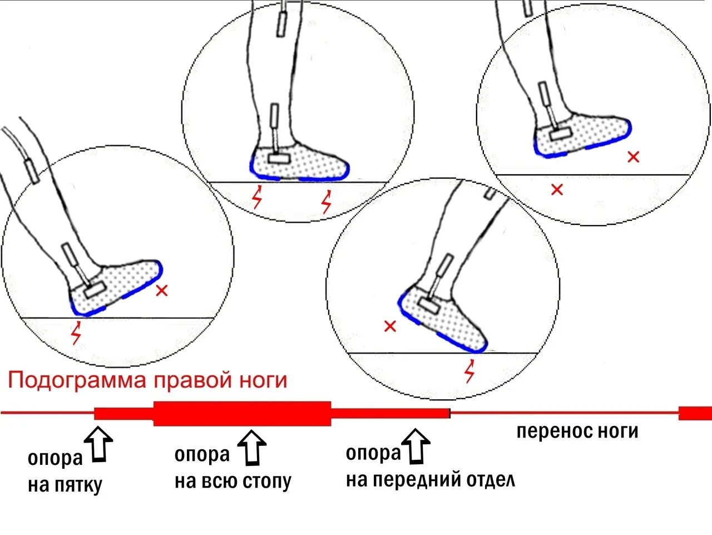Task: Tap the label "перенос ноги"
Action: click(x=577, y=431)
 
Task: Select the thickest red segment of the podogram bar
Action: click(x=242, y=413)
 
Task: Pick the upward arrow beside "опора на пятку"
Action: click(x=100, y=444)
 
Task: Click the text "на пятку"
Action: click(x=65, y=485)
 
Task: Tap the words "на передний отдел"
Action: click(x=430, y=480)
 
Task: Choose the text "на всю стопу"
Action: click(x=233, y=481)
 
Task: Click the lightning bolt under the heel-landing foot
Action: click(x=76, y=332)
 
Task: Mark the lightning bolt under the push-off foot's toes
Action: click(x=470, y=371)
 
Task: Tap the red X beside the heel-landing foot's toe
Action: click(x=162, y=290)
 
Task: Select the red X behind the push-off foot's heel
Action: click(x=390, y=326)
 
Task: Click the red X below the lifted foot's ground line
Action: click(x=557, y=189)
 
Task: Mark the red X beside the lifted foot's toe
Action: click(x=633, y=157)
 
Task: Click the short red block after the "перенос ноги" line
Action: click(x=695, y=413)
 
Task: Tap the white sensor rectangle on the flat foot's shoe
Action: click(x=278, y=158)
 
